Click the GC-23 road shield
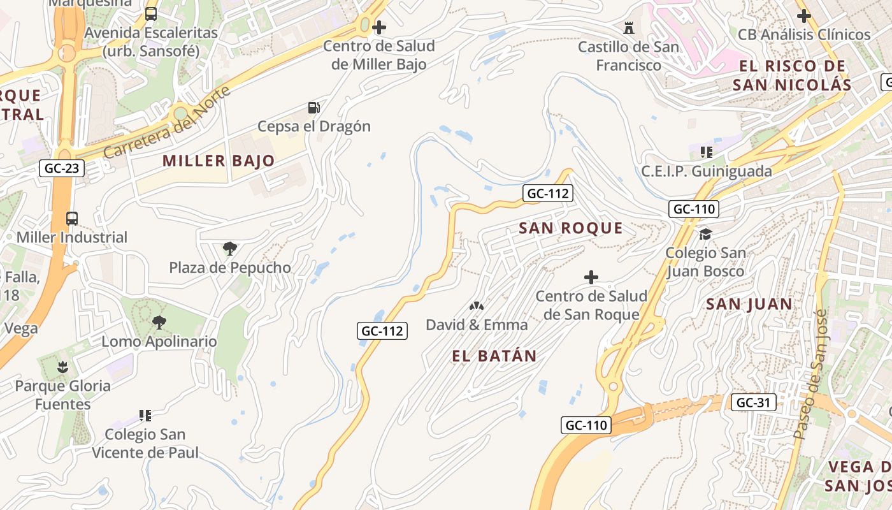(61, 168)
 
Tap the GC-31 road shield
(754, 402)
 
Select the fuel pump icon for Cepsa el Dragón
(313, 108)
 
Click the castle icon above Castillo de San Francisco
(629, 28)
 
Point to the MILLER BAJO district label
(219, 161)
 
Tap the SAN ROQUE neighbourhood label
(570, 228)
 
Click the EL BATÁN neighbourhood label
(494, 356)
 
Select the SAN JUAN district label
(749, 304)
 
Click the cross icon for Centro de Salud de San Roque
(591, 277)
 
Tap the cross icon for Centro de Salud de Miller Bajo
(379, 27)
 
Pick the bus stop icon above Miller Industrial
(72, 219)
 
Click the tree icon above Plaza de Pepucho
(229, 249)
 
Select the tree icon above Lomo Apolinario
(159, 323)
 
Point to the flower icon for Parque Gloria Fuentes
(62, 367)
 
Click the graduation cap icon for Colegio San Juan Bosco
(705, 234)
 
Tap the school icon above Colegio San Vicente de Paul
(145, 416)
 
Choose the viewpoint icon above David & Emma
(477, 306)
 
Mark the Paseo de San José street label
(810, 374)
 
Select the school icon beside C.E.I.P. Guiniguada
(706, 152)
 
